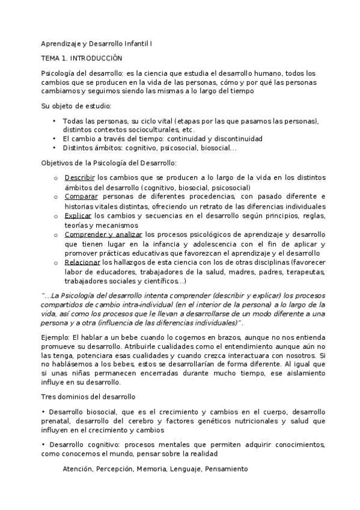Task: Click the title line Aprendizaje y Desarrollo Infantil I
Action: (97, 44)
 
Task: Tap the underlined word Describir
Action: (79, 177)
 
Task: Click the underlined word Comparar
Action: (81, 196)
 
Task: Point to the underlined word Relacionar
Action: (82, 262)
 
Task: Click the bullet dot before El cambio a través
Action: (55, 138)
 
